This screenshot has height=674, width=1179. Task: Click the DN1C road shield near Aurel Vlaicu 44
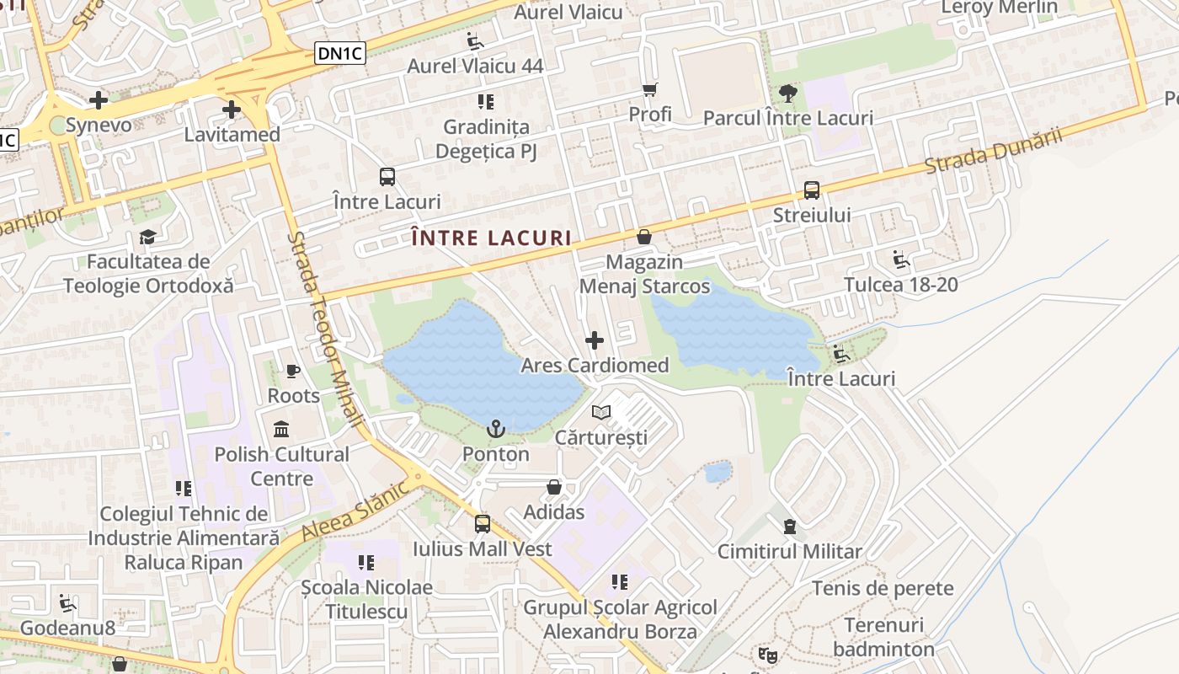340,53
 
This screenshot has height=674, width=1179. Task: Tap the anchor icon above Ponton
496,430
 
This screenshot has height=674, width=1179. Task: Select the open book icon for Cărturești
601,412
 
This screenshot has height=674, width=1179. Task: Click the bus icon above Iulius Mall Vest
482,524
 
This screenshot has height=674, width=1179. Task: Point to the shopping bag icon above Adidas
554,487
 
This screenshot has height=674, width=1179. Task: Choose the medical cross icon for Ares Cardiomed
595,340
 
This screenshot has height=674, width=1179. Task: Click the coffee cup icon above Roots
293,371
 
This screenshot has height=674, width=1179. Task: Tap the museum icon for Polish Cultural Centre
281,429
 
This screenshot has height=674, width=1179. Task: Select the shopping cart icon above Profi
649,89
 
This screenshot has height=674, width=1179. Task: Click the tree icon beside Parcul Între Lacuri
787,94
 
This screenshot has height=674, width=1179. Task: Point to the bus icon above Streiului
812,190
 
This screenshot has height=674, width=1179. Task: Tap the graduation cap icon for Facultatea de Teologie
148,237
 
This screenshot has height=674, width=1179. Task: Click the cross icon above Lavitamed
232,110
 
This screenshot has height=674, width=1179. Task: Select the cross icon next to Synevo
99,100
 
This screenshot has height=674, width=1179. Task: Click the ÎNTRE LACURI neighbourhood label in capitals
493,238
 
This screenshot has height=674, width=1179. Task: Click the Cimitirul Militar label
789,552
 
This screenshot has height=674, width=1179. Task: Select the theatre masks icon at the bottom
766,654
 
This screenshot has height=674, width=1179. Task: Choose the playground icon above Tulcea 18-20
901,259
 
